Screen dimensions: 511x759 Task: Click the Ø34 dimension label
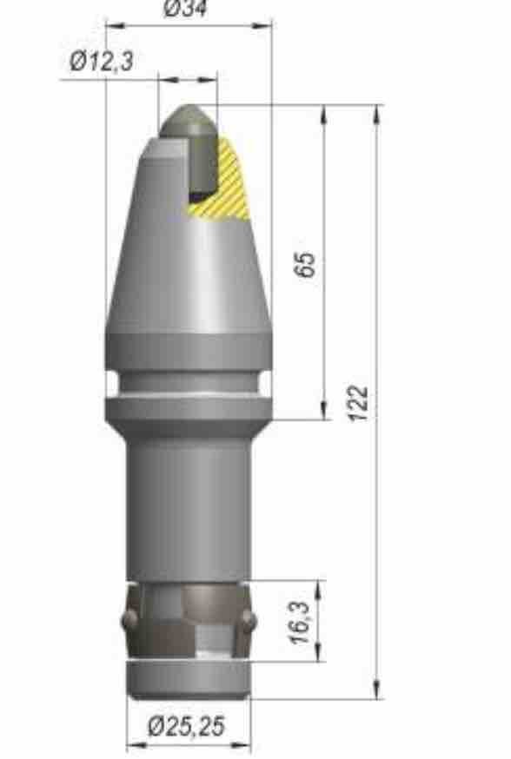pyautogui.click(x=185, y=7)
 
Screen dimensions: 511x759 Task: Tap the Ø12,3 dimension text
pyautogui.click(x=101, y=61)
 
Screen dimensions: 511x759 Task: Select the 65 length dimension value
pyautogui.click(x=306, y=264)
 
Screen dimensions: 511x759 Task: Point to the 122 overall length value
pyautogui.click(x=359, y=403)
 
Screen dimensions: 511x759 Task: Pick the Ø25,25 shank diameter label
pyautogui.click(x=188, y=726)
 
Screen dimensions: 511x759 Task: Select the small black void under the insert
pyautogui.click(x=198, y=196)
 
